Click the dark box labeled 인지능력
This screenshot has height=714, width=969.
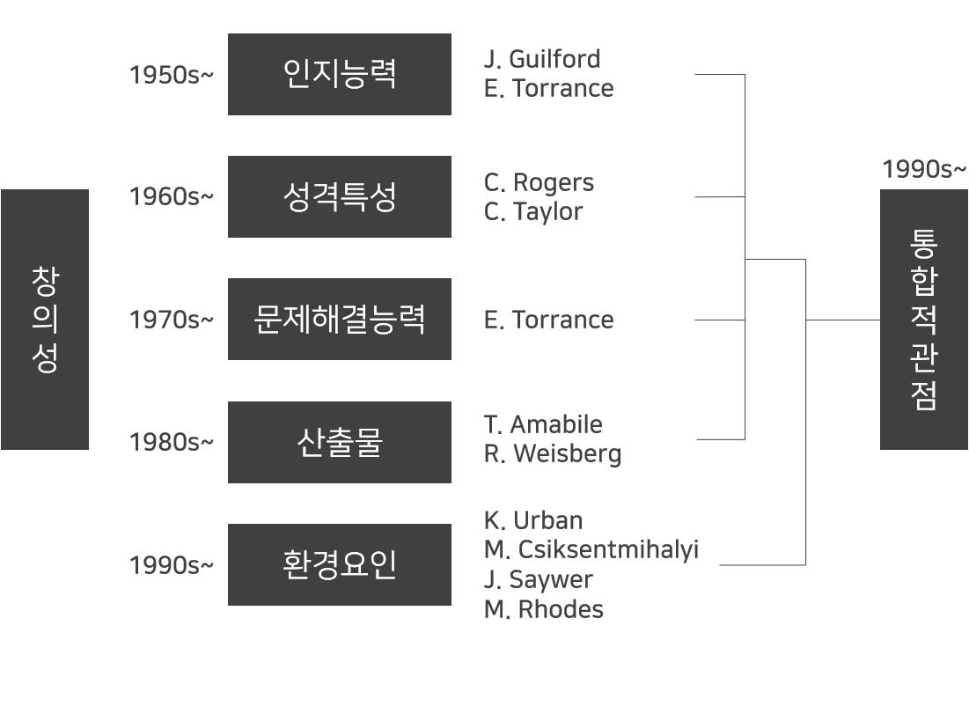pos(339,74)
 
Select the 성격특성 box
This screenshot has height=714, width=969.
pos(339,196)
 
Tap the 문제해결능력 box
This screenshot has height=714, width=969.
pos(339,319)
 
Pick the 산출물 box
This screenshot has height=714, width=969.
pos(339,442)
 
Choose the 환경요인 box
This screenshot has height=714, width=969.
pos(339,564)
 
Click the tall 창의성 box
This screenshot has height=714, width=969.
pos(45,319)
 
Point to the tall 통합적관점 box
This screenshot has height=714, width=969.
pos(923,319)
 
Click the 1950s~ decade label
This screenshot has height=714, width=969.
pos(171,75)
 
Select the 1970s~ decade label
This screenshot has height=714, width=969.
pos(171,320)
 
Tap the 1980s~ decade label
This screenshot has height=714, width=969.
pos(171,442)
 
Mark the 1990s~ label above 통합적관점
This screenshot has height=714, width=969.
pos(923,169)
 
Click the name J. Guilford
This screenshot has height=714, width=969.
pos(542,59)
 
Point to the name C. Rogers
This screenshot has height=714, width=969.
pos(539,182)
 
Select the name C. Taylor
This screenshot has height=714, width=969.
pos(533,211)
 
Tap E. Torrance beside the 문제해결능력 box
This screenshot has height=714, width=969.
pos(548,320)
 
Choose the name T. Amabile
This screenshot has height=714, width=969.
pos(543,424)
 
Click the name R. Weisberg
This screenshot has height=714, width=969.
pos(553,453)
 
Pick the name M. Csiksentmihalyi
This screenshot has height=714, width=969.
pos(591,549)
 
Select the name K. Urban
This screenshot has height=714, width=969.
pos(533,520)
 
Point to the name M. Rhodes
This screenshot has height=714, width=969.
pos(544,609)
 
